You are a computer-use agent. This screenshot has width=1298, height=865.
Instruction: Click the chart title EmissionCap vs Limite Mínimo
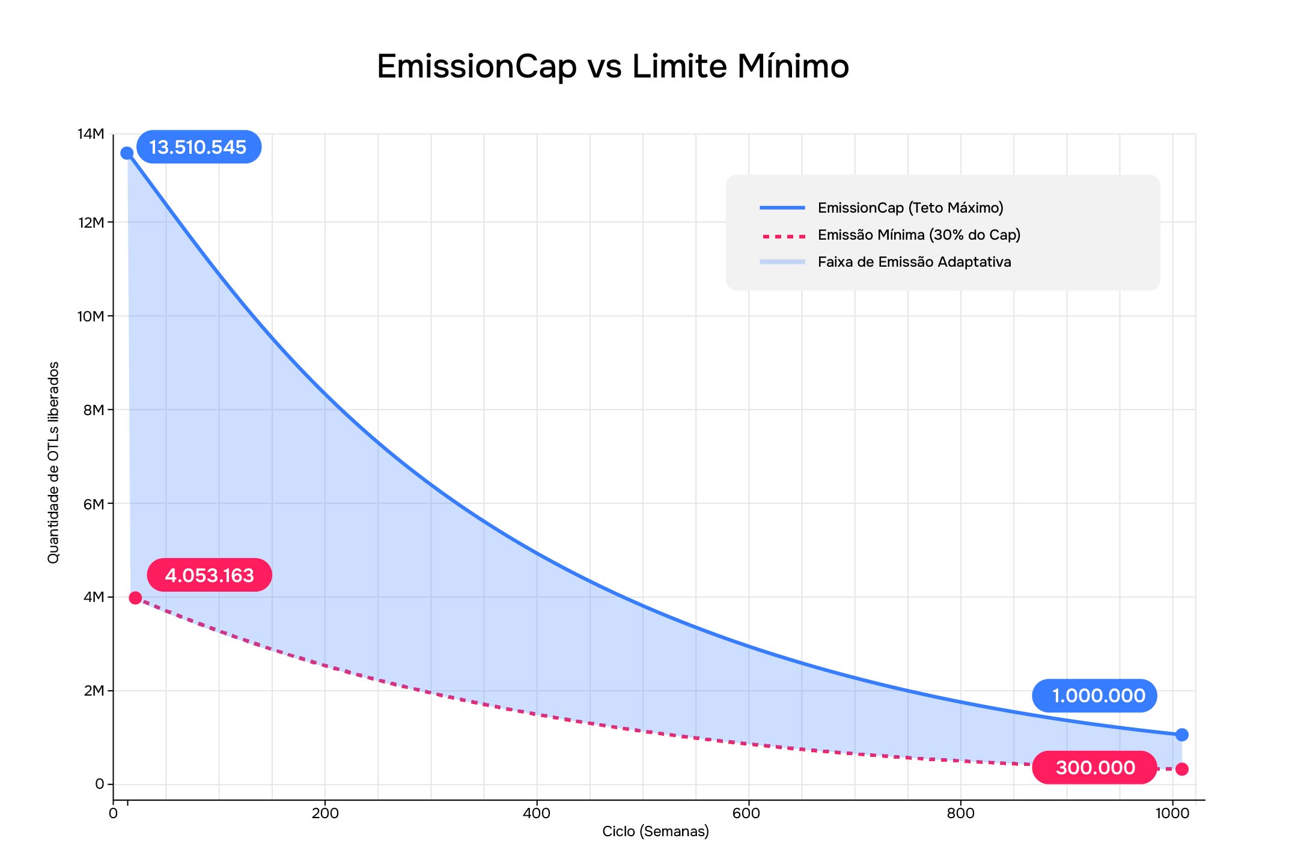pos(612,66)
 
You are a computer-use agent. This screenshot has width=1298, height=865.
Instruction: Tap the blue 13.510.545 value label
pos(198,147)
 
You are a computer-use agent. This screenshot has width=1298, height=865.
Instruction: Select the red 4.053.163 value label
pos(209,575)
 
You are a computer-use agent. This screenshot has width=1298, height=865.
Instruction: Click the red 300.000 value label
pos(1095,768)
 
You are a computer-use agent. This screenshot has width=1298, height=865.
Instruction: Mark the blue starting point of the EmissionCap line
pos(127,153)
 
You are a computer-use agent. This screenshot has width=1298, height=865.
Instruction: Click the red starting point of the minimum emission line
pos(135,598)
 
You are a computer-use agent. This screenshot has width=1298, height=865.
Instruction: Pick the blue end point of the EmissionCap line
pos(1181,735)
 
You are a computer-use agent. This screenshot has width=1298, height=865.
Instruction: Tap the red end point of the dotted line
pos(1181,769)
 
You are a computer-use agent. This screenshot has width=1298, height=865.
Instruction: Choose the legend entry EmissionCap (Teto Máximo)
pos(910,208)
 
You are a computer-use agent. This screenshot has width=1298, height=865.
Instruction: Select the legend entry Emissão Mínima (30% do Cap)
pos(919,235)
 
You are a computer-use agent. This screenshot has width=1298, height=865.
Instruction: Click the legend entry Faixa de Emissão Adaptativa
pos(914,262)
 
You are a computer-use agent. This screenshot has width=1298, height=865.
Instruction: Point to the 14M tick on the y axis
pos(91,134)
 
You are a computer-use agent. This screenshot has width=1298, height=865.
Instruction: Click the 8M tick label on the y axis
pos(94,410)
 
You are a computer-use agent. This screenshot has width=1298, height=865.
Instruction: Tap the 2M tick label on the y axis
pos(94,691)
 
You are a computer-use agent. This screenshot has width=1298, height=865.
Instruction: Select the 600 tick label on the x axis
pos(748,814)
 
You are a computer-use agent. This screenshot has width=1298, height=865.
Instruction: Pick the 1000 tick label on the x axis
pos(1172,814)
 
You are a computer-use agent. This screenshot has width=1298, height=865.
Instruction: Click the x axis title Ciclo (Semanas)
pos(656,831)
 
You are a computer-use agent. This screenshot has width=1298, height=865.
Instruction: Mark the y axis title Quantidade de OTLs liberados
pos(53,463)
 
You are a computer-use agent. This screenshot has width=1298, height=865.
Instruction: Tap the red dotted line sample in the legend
pos(782,235)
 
